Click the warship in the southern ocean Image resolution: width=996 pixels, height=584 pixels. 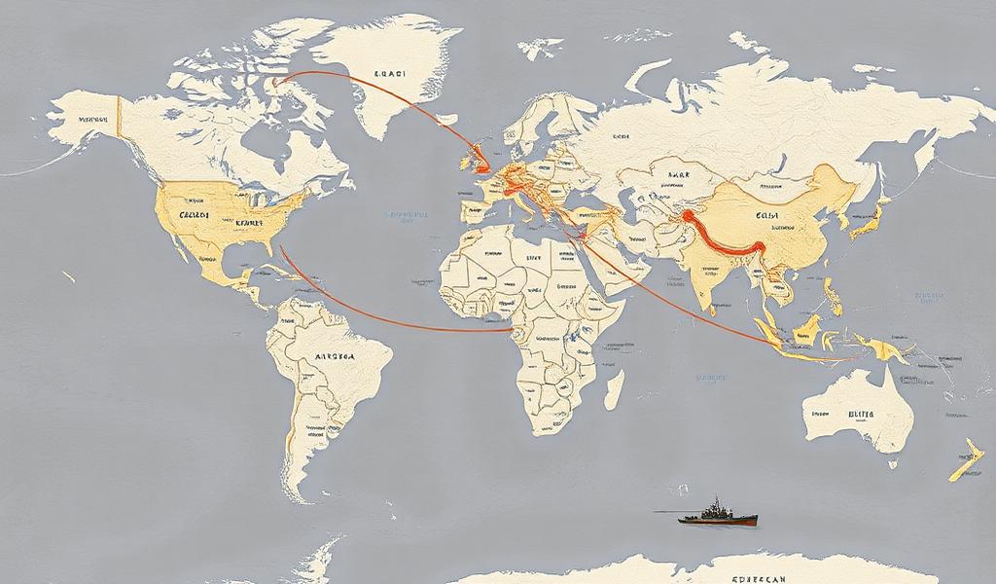click(718, 514)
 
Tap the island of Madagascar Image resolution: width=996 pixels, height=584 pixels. click(613, 388)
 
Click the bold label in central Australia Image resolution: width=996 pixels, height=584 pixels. click(861, 414)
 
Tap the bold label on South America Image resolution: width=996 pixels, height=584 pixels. click(337, 357)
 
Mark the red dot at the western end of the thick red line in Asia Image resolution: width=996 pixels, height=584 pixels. click(687, 216)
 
